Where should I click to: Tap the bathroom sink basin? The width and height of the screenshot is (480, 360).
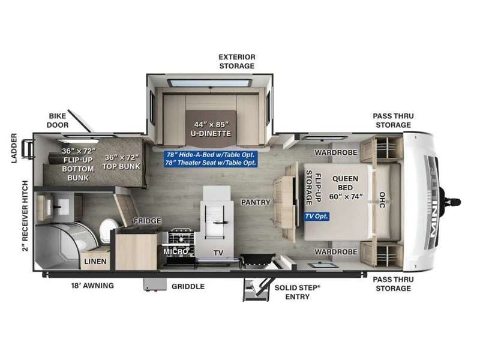pyautogui.click(x=64, y=207)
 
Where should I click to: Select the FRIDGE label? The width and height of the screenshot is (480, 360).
pyautogui.click(x=148, y=221)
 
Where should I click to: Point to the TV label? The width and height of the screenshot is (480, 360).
pyautogui.click(x=218, y=253)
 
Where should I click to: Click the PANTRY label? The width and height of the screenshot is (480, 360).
pyautogui.click(x=256, y=202)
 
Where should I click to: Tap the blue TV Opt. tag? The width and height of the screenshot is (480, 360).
pyautogui.click(x=317, y=217)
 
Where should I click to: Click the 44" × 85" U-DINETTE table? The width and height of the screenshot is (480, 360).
pyautogui.click(x=211, y=128)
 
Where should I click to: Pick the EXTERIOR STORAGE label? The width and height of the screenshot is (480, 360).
pyautogui.click(x=237, y=61)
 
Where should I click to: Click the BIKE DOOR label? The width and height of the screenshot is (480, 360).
pyautogui.click(x=58, y=121)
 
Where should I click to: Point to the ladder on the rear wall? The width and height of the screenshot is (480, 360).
pyautogui.click(x=28, y=149)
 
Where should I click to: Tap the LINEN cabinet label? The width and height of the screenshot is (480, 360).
pyautogui.click(x=95, y=262)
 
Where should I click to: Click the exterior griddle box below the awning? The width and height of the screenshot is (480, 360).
pyautogui.click(x=155, y=284)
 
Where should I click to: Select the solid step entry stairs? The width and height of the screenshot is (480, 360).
pyautogui.click(x=257, y=290)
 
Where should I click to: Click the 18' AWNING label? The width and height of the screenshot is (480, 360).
pyautogui.click(x=92, y=286)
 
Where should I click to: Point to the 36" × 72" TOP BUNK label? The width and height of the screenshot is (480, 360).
pyautogui.click(x=122, y=162)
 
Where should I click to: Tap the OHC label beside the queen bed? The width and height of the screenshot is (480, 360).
pyautogui.click(x=382, y=200)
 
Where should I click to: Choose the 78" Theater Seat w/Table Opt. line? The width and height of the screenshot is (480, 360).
pyautogui.click(x=211, y=163)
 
